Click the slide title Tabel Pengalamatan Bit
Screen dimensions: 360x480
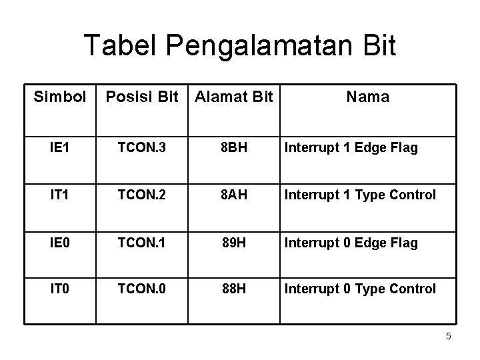click(240, 46)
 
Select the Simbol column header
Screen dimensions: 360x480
click(60, 97)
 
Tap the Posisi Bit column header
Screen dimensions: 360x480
click(142, 97)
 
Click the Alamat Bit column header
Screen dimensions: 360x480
click(233, 97)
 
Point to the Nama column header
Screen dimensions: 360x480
click(367, 97)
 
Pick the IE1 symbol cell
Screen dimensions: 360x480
click(60, 148)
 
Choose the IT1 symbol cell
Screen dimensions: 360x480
click(60, 195)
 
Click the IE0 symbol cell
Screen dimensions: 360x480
click(60, 243)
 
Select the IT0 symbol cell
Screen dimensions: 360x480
click(60, 289)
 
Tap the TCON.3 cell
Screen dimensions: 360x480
click(142, 148)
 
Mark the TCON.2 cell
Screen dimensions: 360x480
click(142, 195)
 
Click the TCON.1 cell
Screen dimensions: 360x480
click(142, 243)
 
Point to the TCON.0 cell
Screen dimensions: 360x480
click(142, 289)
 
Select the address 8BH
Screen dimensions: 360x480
click(233, 148)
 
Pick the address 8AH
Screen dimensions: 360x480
click(233, 195)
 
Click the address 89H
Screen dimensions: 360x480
click(233, 243)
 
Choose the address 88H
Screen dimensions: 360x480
click(233, 289)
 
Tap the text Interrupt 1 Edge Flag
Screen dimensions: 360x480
click(351, 148)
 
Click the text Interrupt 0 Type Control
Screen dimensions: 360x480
click(360, 289)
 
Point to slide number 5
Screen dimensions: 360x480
click(449, 337)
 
